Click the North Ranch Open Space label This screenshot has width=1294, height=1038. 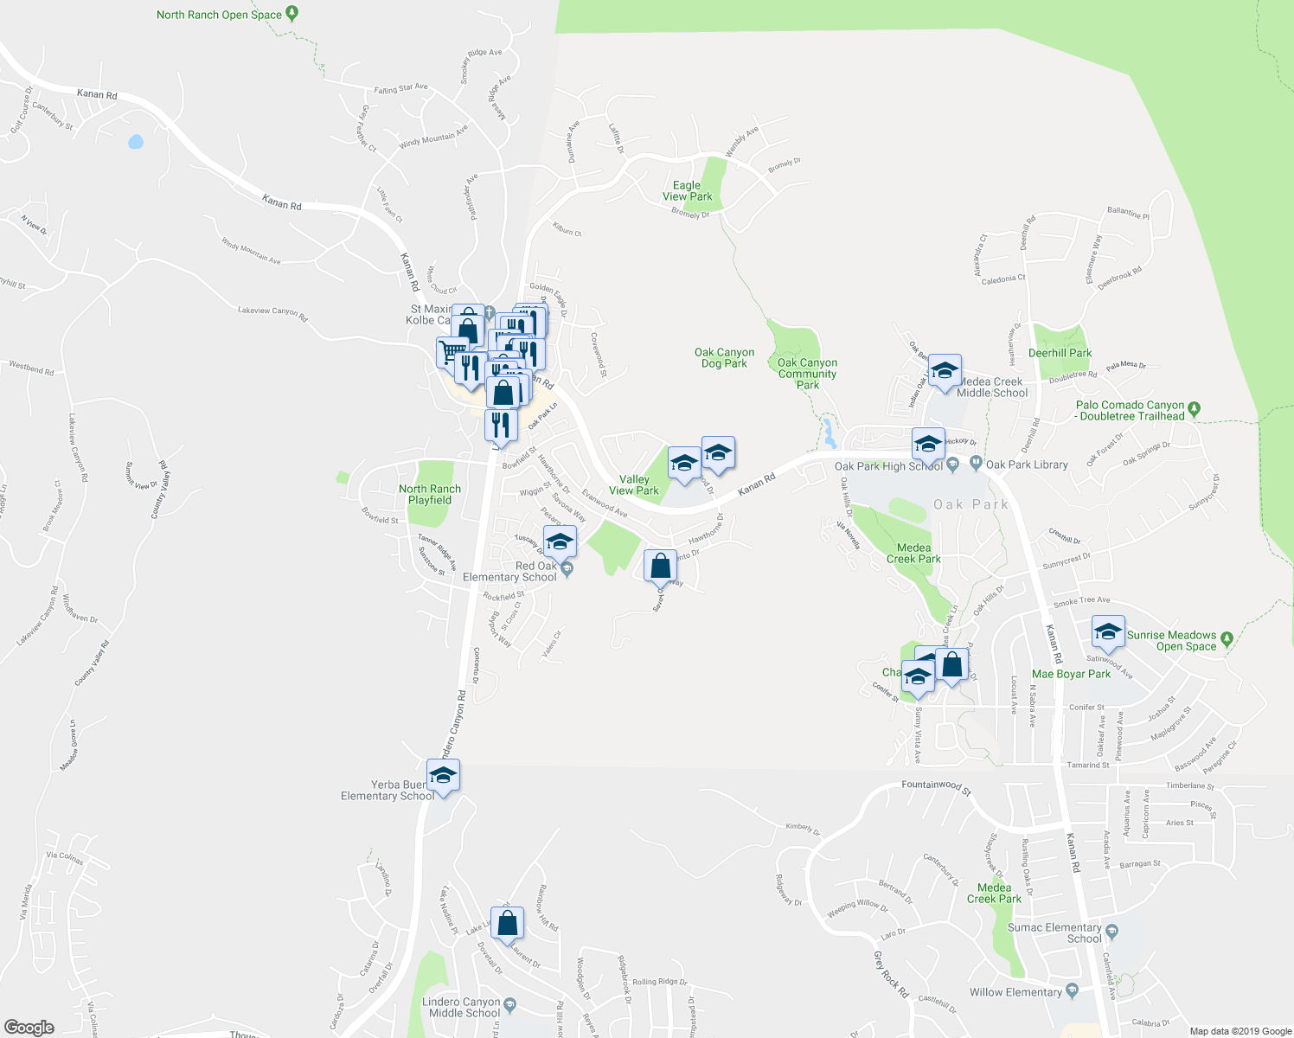click(x=219, y=15)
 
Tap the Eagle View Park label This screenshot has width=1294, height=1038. click(x=688, y=191)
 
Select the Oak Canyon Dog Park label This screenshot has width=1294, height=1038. click(x=724, y=358)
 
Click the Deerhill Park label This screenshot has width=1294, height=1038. click(x=1060, y=353)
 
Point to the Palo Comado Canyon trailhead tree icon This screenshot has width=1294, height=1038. click(x=1195, y=407)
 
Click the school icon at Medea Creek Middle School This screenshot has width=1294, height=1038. click(x=945, y=371)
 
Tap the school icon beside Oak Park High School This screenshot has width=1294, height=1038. click(x=927, y=445)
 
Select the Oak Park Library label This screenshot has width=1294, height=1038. click(x=1027, y=465)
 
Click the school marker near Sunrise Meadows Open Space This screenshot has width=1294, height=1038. click(x=1107, y=631)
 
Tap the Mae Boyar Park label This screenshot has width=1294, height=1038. click(x=1071, y=674)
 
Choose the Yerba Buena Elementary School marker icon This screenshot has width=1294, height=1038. click(x=443, y=775)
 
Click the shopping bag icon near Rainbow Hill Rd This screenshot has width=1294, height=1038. click(x=508, y=922)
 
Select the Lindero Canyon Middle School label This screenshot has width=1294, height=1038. click(x=464, y=1008)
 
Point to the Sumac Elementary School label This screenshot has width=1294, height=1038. click(x=1054, y=932)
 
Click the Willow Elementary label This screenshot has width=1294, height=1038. click(x=1015, y=992)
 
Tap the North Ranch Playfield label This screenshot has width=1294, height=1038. click(x=430, y=495)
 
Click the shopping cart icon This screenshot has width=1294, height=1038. click(x=451, y=352)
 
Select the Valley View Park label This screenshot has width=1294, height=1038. click(x=634, y=484)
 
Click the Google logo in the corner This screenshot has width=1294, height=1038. click(x=29, y=1027)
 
